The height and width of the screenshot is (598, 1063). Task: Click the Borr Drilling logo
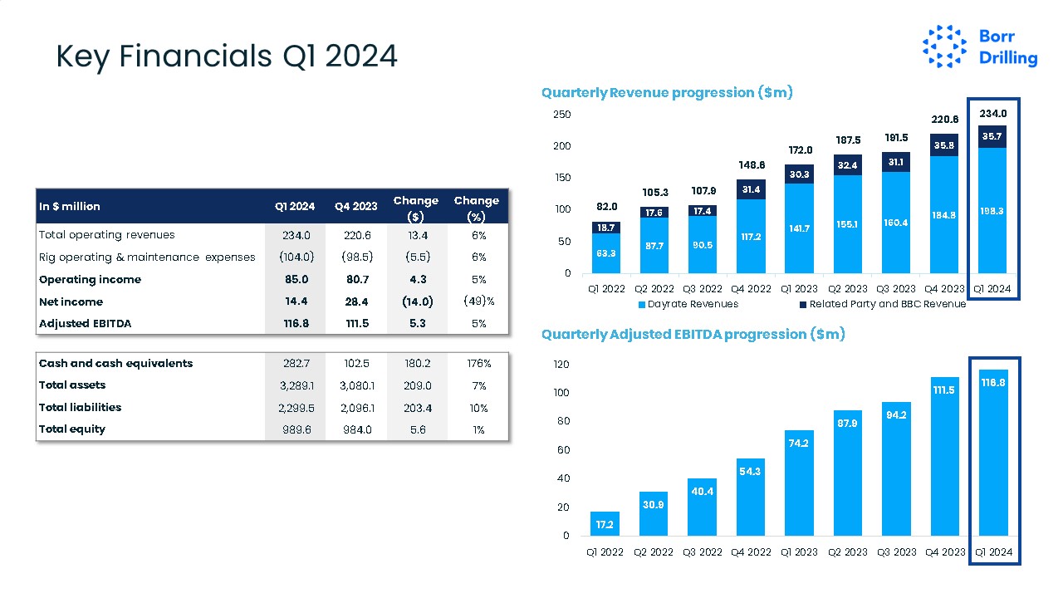click(980, 47)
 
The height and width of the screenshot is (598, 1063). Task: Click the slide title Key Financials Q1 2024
click(227, 56)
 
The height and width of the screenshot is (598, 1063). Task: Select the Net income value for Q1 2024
click(295, 301)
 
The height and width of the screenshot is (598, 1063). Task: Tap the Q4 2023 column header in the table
click(355, 206)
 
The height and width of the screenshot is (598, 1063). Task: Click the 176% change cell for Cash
click(478, 364)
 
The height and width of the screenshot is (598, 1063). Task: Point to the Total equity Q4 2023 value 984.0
click(355, 429)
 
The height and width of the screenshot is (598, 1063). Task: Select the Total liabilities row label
click(81, 407)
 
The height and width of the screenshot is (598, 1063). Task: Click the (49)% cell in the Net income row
click(478, 301)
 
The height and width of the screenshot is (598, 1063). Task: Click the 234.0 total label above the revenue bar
click(993, 114)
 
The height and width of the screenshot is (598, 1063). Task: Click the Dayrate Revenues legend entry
click(688, 304)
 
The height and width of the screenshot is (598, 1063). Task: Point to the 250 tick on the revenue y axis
click(562, 115)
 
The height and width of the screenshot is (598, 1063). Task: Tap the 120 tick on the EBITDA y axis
click(562, 364)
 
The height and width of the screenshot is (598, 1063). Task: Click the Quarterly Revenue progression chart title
click(667, 93)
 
